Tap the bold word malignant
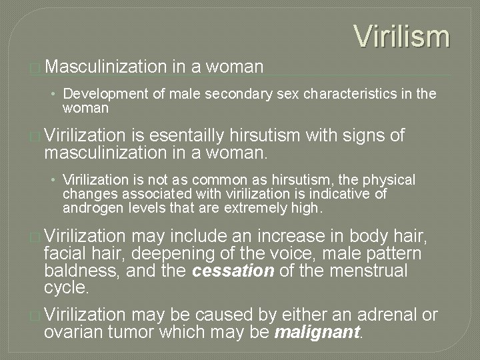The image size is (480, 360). coord(316,332)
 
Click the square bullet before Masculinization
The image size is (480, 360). coord(35,67)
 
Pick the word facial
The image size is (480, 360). coord(67,254)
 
